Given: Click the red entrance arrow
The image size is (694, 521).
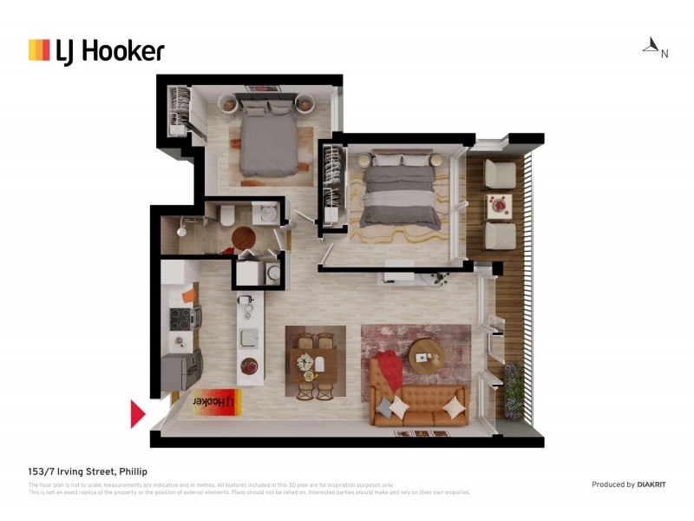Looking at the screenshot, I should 137,414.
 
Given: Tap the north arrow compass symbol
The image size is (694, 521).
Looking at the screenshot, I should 651,45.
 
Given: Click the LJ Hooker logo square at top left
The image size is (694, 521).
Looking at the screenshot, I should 39,49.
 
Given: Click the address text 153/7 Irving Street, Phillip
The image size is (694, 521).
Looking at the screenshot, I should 88,472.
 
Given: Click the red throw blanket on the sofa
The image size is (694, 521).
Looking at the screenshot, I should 389,370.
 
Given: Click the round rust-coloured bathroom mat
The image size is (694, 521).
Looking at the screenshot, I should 244,238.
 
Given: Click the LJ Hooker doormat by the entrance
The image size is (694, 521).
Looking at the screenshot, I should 215,402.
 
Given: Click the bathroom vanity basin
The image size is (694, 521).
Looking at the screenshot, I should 268,212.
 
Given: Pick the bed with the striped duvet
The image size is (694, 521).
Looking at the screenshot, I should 400,191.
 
